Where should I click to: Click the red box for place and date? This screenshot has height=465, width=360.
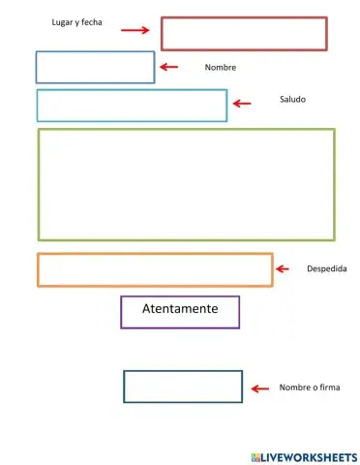click(x=244, y=34)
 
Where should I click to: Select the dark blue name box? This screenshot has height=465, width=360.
click(x=95, y=67)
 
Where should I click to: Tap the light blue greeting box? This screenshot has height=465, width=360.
click(x=132, y=106)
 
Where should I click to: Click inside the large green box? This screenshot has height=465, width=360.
click(x=186, y=184)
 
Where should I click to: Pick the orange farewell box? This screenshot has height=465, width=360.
click(x=155, y=269)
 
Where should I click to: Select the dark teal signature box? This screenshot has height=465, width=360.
click(x=183, y=386)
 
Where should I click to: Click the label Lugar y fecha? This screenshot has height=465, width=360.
click(x=76, y=21)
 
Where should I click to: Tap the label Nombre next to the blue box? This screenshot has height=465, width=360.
click(x=221, y=68)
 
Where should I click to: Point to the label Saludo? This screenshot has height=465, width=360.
click(x=292, y=99)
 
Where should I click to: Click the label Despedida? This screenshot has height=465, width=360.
click(x=326, y=268)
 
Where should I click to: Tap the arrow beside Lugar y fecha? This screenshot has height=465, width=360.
click(x=135, y=30)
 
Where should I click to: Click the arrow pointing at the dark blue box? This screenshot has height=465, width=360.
click(x=169, y=66)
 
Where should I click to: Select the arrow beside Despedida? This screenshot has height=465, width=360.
click(x=282, y=268)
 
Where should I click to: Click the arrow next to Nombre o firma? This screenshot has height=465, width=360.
click(x=259, y=388)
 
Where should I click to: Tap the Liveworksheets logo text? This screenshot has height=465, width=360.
click(x=305, y=455)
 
